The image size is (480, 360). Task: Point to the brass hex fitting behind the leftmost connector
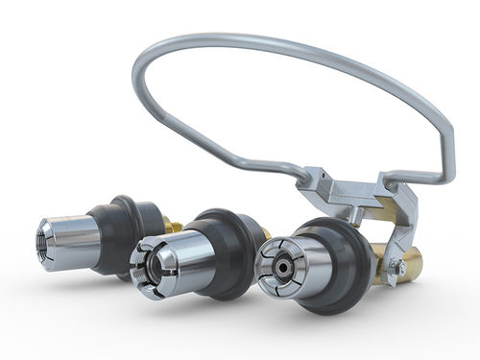[x=173, y=225]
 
